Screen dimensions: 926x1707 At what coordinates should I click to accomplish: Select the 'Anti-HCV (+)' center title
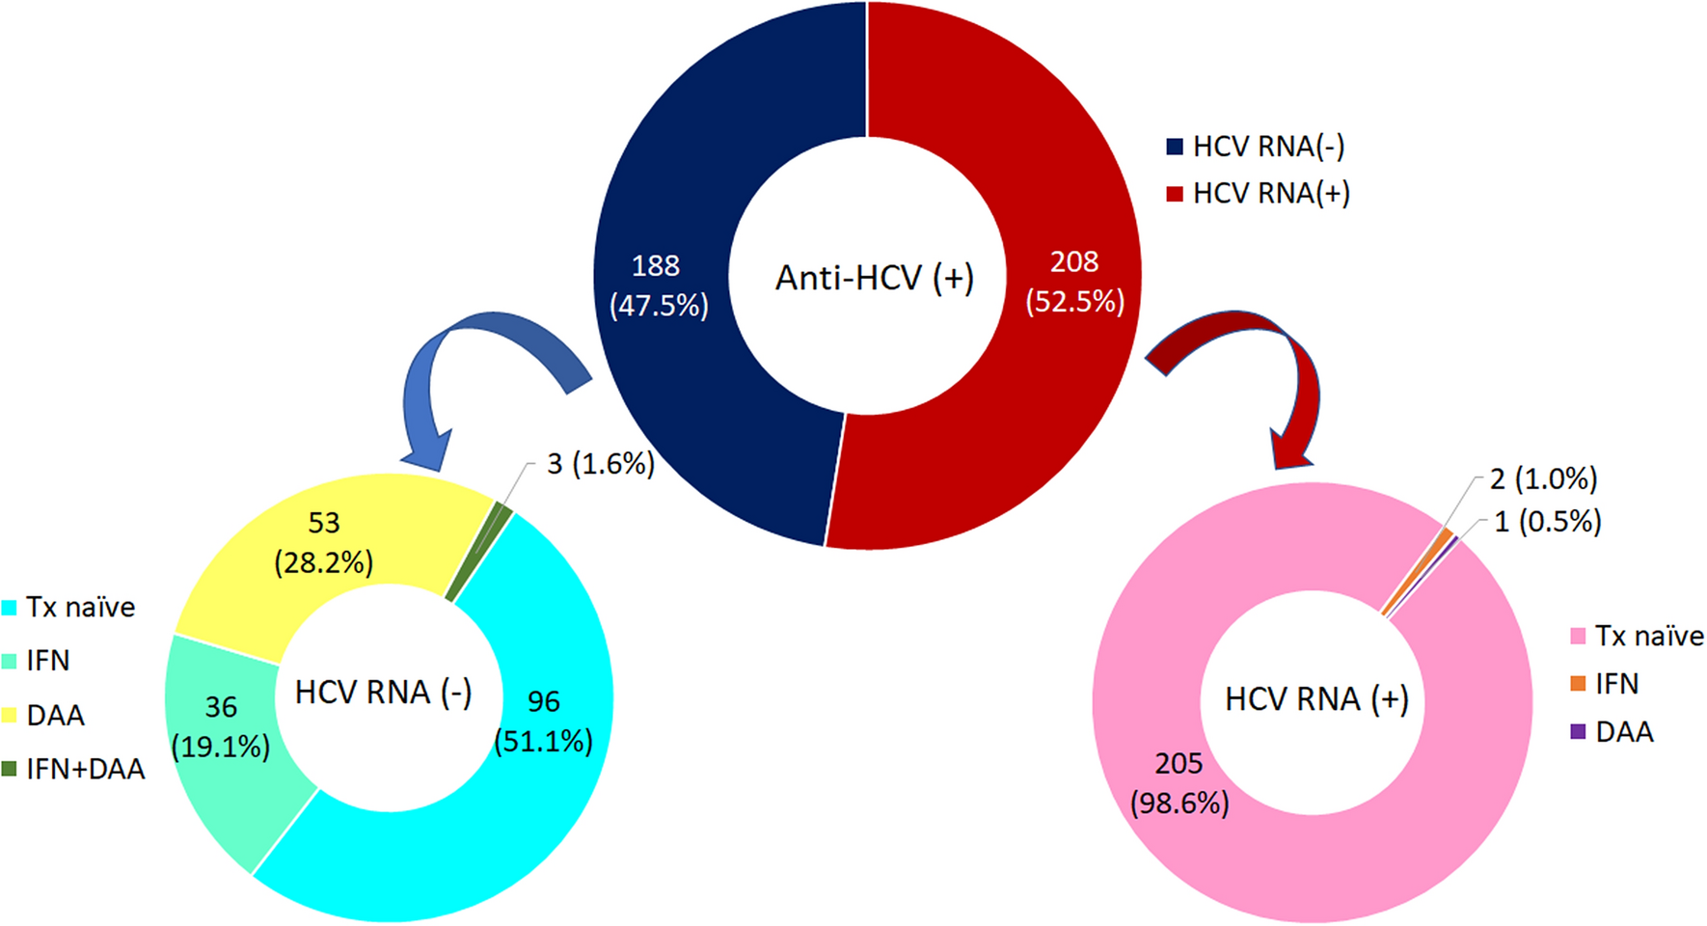click(875, 279)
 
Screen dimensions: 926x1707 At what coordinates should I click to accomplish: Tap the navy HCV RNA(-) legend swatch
click(1175, 147)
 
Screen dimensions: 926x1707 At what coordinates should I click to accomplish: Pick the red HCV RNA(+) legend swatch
click(1175, 194)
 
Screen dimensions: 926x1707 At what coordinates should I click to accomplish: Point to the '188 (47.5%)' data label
click(658, 286)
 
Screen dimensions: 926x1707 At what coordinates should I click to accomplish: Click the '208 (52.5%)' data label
click(1074, 282)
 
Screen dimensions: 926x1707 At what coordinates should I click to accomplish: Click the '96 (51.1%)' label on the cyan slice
click(543, 721)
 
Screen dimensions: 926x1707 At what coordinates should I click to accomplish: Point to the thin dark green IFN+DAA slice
click(477, 550)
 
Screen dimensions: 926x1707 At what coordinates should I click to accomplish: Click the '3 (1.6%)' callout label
click(600, 464)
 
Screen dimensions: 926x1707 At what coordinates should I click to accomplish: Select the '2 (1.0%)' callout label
click(1543, 478)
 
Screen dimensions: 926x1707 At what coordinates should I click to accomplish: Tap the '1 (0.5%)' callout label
click(1547, 522)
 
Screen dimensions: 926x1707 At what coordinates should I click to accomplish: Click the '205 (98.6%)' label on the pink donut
click(1179, 782)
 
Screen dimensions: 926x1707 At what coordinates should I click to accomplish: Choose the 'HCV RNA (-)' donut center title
click(383, 693)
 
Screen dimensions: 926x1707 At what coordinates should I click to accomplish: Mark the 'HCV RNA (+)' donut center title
click(1316, 699)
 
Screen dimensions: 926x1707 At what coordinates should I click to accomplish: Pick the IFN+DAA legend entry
click(75, 769)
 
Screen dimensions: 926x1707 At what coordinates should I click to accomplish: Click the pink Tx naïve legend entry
click(1637, 637)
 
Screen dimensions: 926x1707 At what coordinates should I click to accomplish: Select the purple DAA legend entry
click(1612, 732)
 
